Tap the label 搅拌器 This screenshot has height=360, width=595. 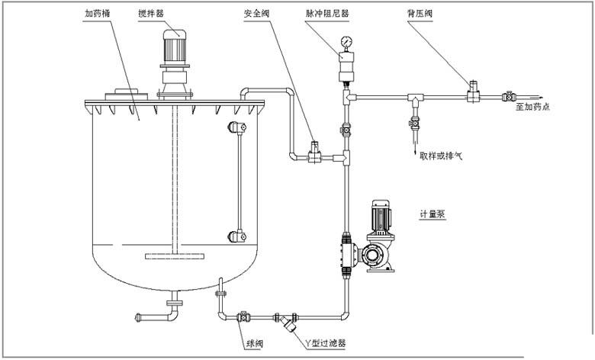[x=171, y=14]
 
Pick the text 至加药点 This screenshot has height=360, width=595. [x=532, y=107]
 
